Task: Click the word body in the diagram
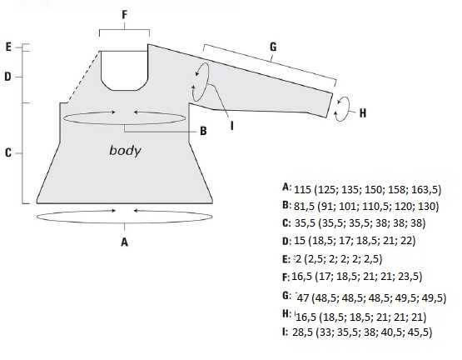[x=125, y=151]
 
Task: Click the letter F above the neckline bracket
[x=125, y=15]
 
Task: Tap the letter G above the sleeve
[x=273, y=47]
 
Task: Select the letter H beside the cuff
[x=363, y=113]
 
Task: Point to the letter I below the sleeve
[x=232, y=126]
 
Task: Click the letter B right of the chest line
[x=203, y=131]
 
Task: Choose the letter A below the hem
[x=125, y=242]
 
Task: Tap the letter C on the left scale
[x=8, y=152]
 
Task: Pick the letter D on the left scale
[x=8, y=77]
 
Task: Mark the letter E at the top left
[x=8, y=47]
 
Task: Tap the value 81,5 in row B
[x=304, y=206]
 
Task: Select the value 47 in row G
[x=303, y=298]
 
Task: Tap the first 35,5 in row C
[x=305, y=223]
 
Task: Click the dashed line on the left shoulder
[x=83, y=77]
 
